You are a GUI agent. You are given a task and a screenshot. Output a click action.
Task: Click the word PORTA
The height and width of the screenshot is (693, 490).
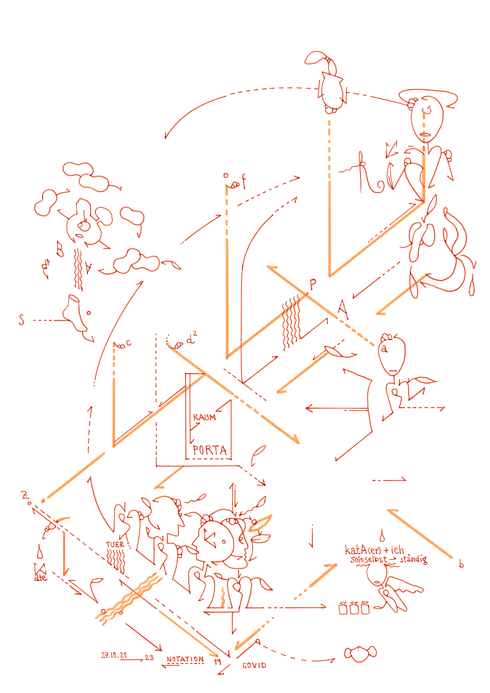pyautogui.click(x=210, y=450)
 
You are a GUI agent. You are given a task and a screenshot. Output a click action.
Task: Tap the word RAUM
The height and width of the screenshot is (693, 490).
pyautogui.click(x=204, y=417)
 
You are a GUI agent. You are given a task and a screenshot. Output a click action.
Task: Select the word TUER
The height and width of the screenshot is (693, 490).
pyautogui.click(x=115, y=544)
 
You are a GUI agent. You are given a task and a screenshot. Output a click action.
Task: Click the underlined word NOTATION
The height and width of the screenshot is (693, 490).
pyautogui.click(x=185, y=659)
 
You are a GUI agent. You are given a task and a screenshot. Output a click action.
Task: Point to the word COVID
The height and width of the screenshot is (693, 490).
pyautogui.click(x=254, y=665)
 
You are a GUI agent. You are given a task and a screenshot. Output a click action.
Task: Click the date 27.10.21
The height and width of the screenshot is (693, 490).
pyautogui.click(x=114, y=655)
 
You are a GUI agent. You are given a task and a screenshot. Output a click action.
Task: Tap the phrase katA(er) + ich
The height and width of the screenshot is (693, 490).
pyautogui.click(x=374, y=550)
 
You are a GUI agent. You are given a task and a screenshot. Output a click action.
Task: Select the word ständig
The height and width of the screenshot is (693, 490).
pyautogui.click(x=413, y=559)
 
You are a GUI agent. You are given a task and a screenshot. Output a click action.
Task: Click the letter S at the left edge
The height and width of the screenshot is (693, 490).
pyautogui.click(x=21, y=319)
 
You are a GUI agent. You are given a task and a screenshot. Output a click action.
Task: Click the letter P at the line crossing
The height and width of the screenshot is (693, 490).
pyautogui.click(x=313, y=284)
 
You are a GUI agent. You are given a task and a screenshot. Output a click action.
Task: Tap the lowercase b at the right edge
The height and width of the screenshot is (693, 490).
pyautogui.click(x=461, y=564)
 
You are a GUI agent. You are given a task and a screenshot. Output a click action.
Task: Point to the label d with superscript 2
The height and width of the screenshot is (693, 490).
pyautogui.click(x=191, y=339)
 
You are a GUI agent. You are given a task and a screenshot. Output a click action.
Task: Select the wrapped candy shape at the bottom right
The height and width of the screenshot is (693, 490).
pyautogui.click(x=360, y=653)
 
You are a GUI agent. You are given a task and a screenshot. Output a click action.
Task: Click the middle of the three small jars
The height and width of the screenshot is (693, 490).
pyautogui.click(x=354, y=608)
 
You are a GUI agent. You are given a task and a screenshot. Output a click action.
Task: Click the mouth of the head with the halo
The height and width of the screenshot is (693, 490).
pyautogui.click(x=425, y=134)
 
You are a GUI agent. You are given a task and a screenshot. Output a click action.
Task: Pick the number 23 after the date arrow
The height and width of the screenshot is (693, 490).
pyautogui.click(x=149, y=657)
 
